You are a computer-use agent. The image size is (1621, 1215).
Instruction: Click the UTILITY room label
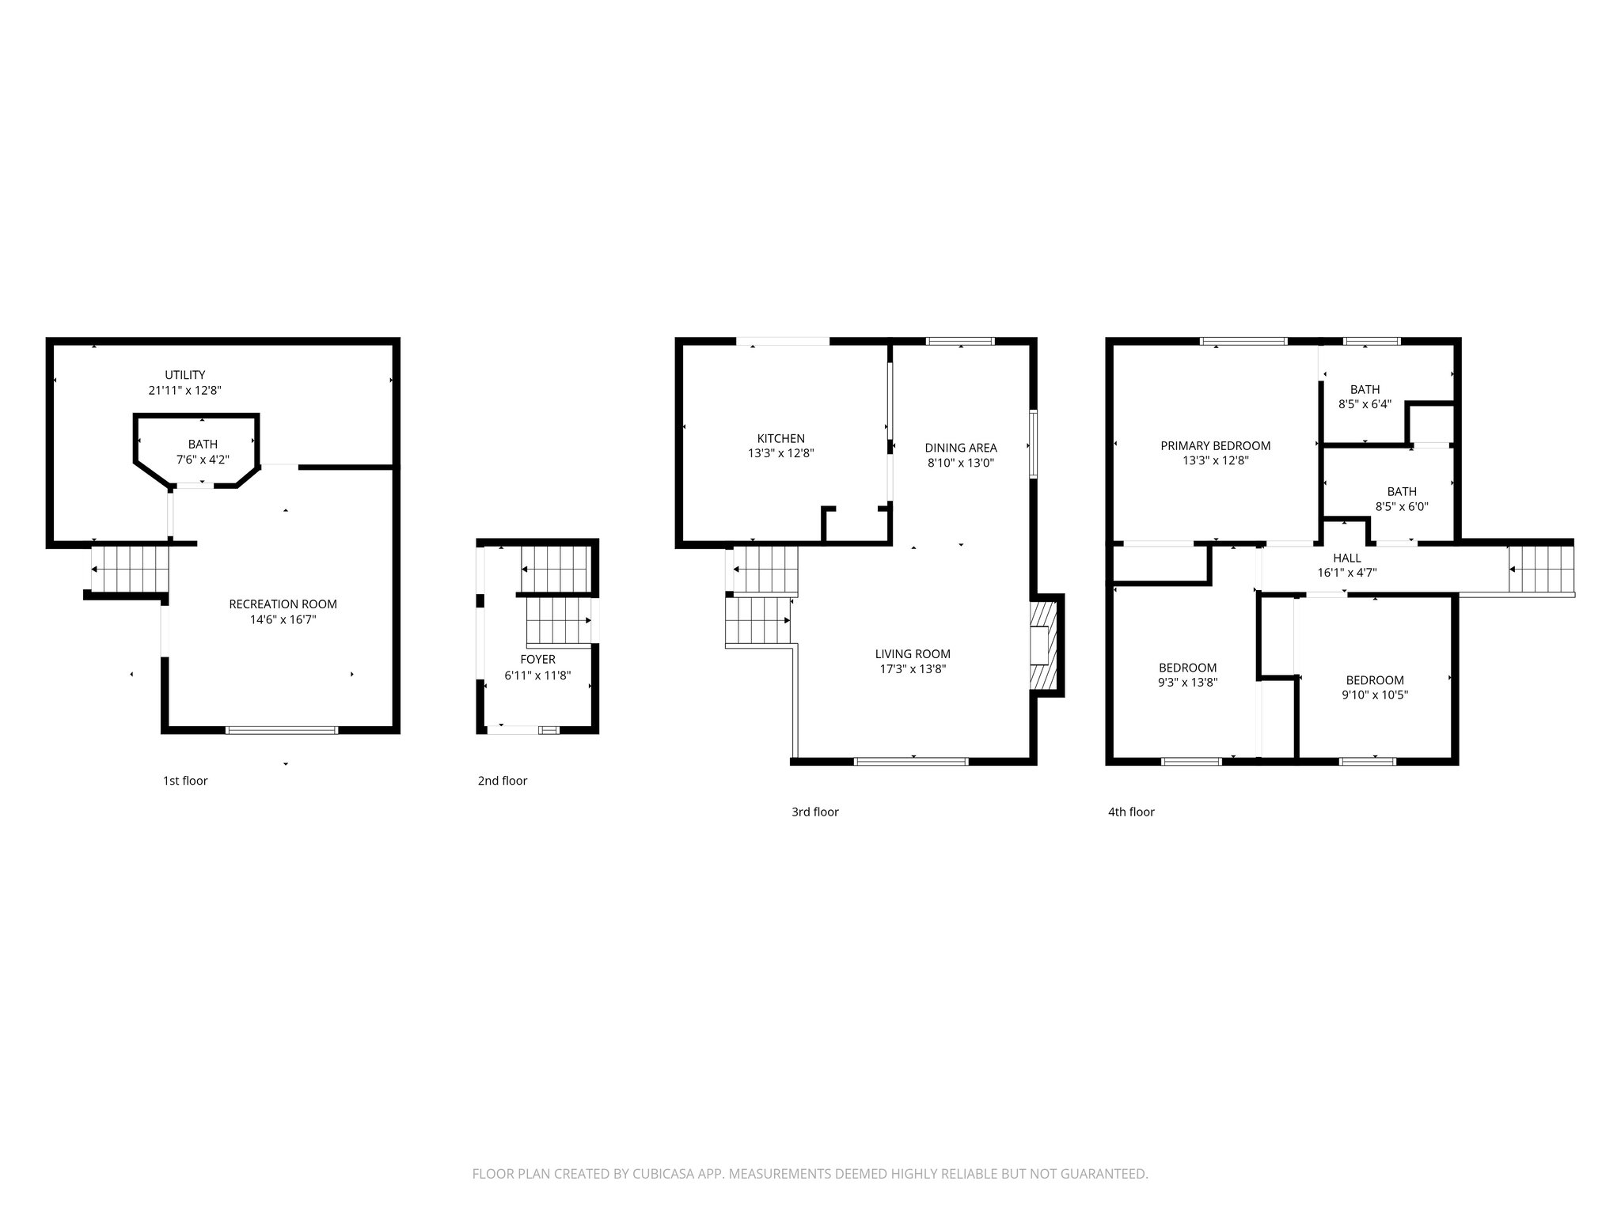(185, 375)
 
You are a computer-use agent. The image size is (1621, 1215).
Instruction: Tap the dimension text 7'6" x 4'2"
(203, 460)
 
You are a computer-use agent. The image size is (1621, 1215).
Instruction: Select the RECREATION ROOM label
(283, 604)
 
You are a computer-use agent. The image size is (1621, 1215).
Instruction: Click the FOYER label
(537, 660)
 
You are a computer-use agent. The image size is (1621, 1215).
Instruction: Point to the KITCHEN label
(780, 438)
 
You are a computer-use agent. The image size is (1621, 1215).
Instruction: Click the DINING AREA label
(960, 448)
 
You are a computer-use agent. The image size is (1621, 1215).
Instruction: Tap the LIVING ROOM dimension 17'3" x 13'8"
(913, 669)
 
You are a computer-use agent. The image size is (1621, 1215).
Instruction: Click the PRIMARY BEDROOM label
(1215, 446)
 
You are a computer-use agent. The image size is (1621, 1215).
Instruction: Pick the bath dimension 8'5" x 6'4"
(1365, 404)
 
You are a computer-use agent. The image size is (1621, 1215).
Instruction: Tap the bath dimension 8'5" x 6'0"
(1401, 507)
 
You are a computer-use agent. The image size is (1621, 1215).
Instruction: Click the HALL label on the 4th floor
(1346, 558)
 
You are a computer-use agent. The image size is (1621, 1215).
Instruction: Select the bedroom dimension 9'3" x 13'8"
(1187, 681)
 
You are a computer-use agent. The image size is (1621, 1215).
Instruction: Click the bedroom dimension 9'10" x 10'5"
(1375, 695)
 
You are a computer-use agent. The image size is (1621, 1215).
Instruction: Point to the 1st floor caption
(185, 781)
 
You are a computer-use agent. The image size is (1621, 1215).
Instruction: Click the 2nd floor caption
(502, 781)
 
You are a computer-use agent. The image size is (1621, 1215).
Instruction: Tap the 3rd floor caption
(814, 812)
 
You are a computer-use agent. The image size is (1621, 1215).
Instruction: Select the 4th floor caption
(1131, 812)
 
